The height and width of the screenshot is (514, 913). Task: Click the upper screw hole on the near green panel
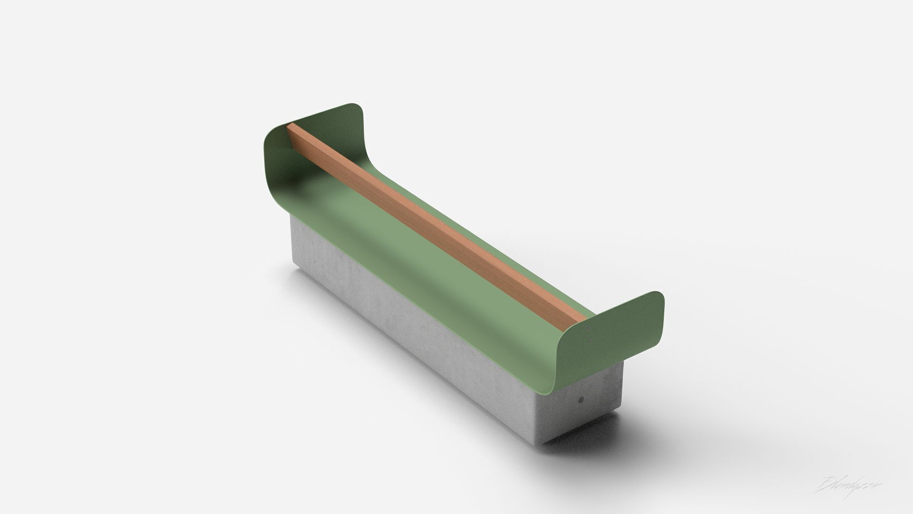(x=589, y=329)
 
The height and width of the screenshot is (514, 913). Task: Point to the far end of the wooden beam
(x=290, y=128)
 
